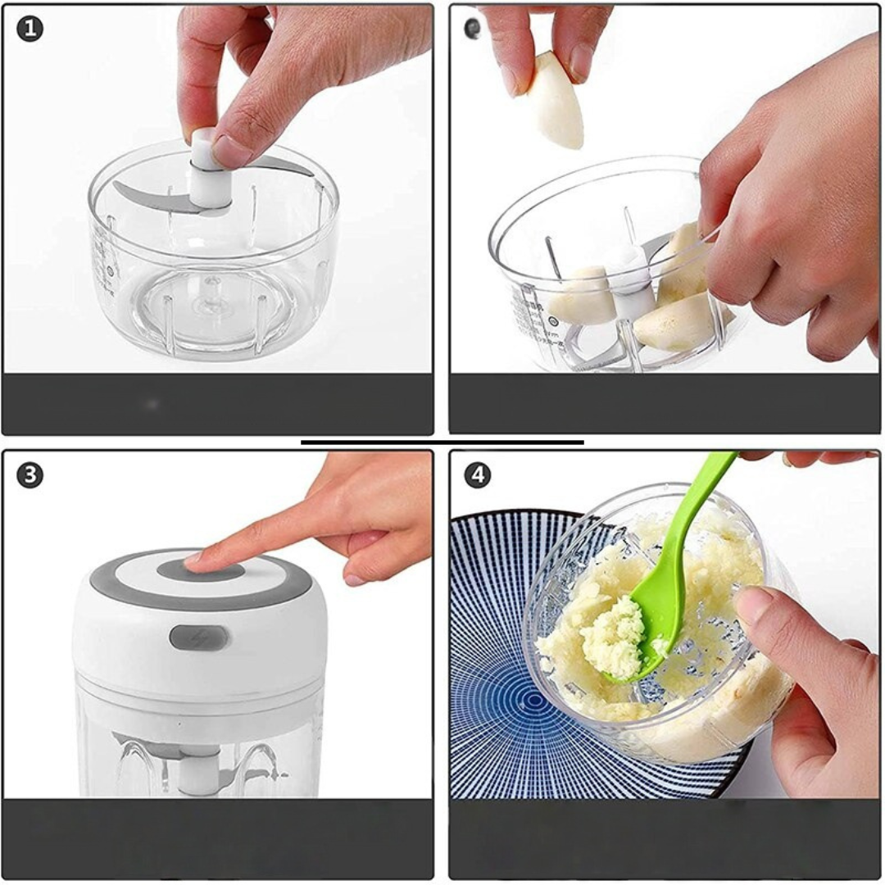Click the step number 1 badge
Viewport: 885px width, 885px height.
pos(29,29)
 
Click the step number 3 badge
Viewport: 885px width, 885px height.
pos(29,475)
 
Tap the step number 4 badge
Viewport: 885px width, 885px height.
pos(478,475)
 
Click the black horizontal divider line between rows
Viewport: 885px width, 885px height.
pos(442,442)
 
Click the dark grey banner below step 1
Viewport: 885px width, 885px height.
pos(218,404)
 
